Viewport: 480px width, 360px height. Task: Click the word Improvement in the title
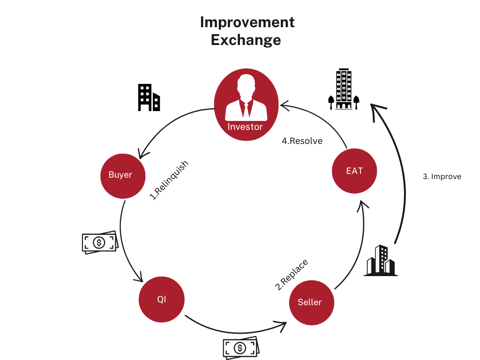point(247,22)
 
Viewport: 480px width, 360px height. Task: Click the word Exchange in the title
point(246,40)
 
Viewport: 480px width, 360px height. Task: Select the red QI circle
point(162,300)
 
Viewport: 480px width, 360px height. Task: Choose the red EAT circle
point(354,171)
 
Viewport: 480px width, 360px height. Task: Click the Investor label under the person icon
point(245,127)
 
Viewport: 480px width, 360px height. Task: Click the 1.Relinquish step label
point(169,180)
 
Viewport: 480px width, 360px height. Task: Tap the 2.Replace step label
point(292,274)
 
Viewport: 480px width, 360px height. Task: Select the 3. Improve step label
point(442,177)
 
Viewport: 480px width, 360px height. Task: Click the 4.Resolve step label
point(302,141)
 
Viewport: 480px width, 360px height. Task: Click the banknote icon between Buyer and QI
point(100,242)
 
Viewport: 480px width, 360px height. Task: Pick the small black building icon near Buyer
point(149,97)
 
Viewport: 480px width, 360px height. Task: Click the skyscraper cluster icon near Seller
point(381,261)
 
